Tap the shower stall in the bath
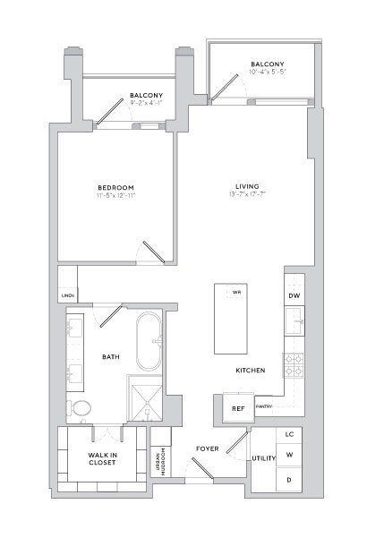145,397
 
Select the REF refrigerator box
238,408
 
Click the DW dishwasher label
294,295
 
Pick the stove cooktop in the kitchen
294,365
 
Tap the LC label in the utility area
289,434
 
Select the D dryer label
289,479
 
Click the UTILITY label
263,457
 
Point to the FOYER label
208,448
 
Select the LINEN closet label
67,295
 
